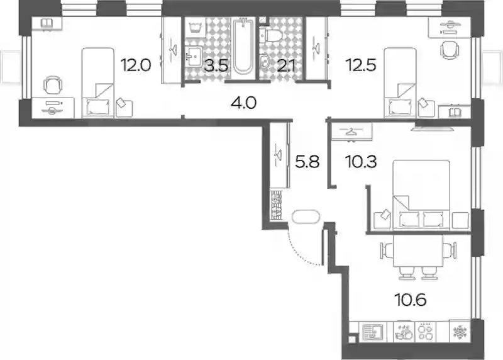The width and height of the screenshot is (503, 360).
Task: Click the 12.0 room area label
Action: tap(136, 65)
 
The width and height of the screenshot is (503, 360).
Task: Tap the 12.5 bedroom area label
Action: tap(360, 65)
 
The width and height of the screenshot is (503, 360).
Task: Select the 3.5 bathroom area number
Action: tap(217, 65)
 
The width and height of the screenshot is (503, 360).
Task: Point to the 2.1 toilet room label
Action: tap(286, 66)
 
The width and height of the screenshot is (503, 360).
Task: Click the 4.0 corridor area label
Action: tap(243, 103)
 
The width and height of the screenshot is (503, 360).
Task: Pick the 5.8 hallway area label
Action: tap(307, 162)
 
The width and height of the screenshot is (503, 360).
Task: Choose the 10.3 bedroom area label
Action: tap(361, 162)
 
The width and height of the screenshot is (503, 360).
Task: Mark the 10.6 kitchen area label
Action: tap(411, 300)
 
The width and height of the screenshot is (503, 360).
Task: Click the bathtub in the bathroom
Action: tap(243, 46)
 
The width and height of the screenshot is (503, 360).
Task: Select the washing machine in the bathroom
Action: tap(195, 27)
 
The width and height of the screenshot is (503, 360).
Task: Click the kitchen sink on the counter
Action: tap(372, 332)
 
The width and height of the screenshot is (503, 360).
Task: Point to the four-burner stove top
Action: tap(426, 332)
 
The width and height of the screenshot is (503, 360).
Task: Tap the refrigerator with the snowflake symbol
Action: tap(460, 331)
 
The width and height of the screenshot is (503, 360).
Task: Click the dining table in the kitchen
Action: tap(417, 250)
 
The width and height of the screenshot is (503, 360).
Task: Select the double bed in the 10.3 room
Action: tap(421, 194)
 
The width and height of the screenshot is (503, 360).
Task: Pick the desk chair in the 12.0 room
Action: tap(53, 85)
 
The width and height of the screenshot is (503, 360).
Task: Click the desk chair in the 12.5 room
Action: tap(450, 50)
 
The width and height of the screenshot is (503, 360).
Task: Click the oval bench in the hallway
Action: tap(306, 217)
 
